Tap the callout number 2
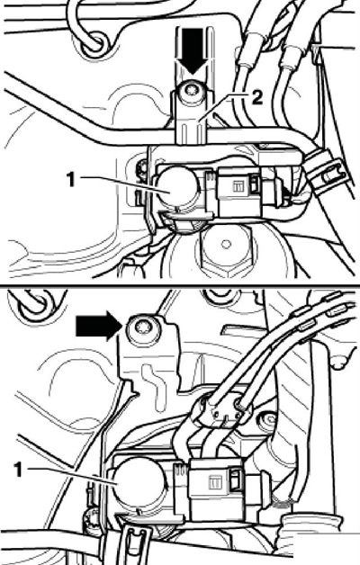(x=256, y=98)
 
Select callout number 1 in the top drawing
(x=70, y=179)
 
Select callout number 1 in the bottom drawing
(x=19, y=470)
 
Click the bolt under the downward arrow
(x=193, y=92)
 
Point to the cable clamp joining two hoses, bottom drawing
(x=220, y=411)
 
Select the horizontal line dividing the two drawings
(x=180, y=285)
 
